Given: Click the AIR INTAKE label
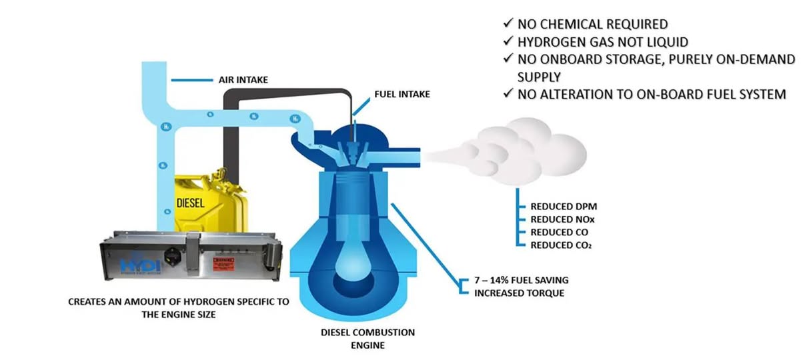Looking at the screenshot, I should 243,80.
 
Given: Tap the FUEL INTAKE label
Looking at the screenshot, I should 401,94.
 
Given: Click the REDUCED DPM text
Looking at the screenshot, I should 559,206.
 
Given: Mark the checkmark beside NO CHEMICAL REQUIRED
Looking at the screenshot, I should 508,25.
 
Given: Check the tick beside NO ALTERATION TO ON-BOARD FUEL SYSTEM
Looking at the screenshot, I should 508,94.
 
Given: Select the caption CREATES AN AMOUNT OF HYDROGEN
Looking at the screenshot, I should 179,301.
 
